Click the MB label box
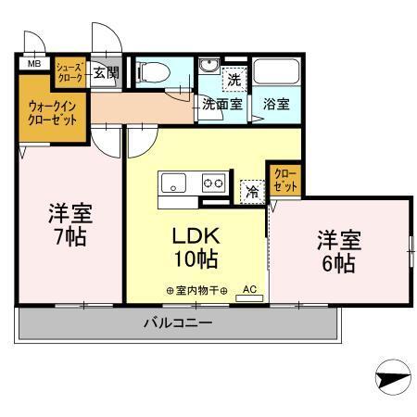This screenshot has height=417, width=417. pyautogui.click(x=33, y=64)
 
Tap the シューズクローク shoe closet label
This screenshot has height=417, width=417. pyautogui.click(x=70, y=73)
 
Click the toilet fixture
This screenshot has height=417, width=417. pyautogui.click(x=157, y=71)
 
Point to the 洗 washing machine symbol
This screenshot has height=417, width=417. pyautogui.click(x=234, y=80)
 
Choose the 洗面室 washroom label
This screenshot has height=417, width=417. pyautogui.click(x=222, y=105)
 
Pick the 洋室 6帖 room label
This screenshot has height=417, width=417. pyautogui.click(x=335, y=250)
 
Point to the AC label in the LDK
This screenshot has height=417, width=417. pyautogui.click(x=249, y=289)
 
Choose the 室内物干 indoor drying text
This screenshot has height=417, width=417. pyautogui.click(x=193, y=290)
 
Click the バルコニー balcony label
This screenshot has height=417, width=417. pyautogui.click(x=178, y=322)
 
